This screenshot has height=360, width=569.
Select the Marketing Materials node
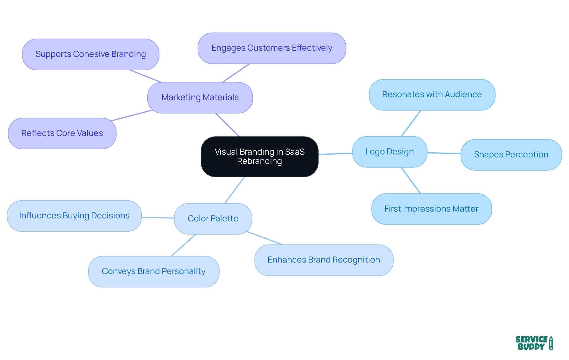point(200,97)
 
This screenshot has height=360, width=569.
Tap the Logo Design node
point(389,152)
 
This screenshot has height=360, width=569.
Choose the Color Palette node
point(213,219)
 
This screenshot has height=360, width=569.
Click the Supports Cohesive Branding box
point(90,54)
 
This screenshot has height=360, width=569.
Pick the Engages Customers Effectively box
point(272,48)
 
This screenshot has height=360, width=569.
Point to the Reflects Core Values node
point(62,133)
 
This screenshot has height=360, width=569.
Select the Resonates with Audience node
point(432,95)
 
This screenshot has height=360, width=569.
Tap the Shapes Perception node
point(511,155)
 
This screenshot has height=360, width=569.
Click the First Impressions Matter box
point(431,209)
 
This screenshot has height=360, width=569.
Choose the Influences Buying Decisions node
point(74,216)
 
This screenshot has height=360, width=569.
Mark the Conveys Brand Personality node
point(154,271)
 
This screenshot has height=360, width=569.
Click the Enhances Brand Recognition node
point(324,260)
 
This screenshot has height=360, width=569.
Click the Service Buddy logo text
point(531,343)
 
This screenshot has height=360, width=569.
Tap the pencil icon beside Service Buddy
point(551,343)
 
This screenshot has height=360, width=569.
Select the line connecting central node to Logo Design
point(335,154)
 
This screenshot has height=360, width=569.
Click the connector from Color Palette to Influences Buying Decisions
point(158,218)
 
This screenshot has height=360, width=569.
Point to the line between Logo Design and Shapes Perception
point(444,153)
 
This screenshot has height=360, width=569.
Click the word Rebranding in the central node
point(259,161)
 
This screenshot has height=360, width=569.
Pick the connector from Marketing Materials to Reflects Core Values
point(132,116)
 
